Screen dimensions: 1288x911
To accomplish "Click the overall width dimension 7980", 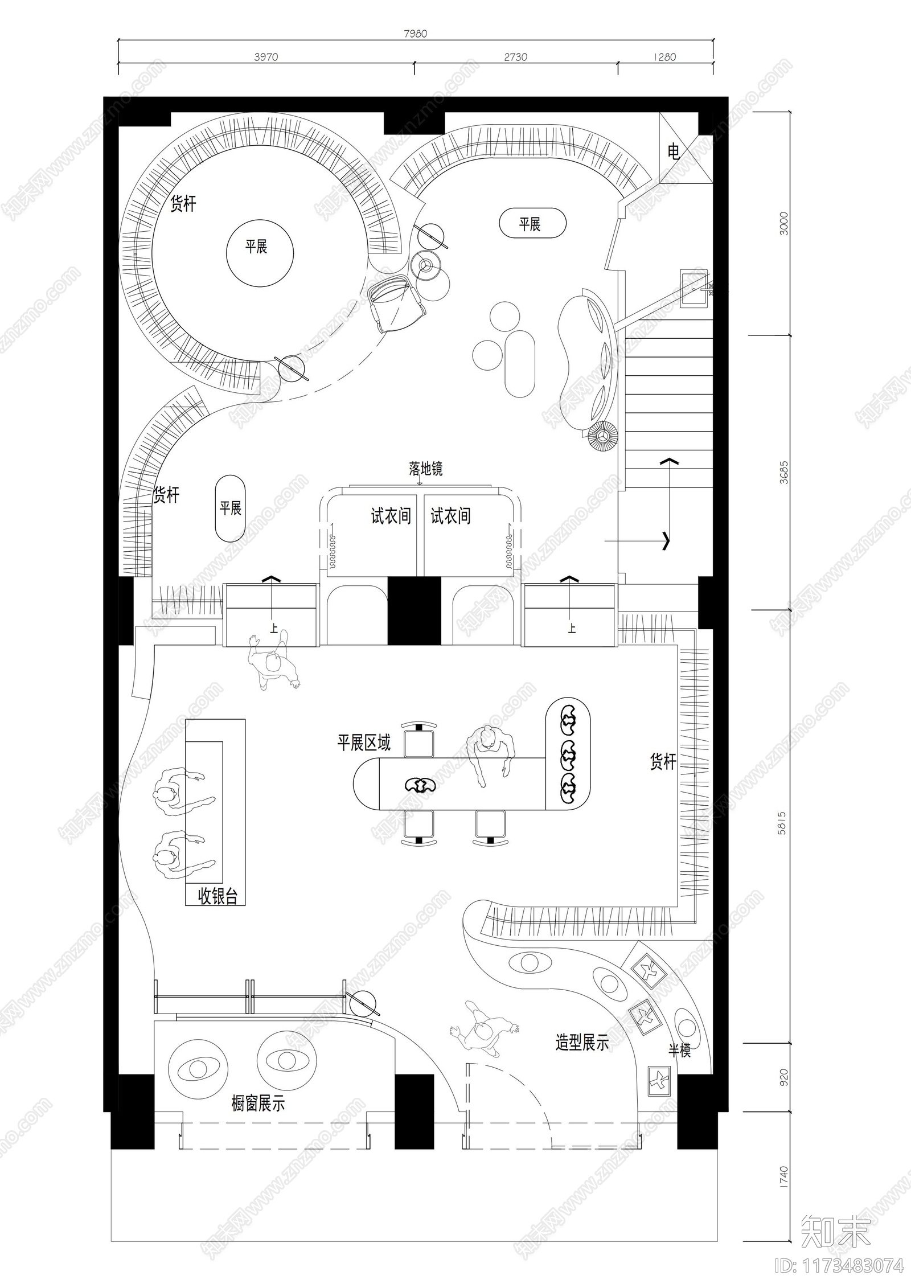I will pyautogui.click(x=415, y=34).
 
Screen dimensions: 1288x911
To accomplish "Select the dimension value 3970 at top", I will pyautogui.click(x=266, y=57).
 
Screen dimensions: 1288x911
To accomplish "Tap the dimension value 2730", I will pyautogui.click(x=515, y=57).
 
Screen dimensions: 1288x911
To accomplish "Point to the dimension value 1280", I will pyautogui.click(x=664, y=57).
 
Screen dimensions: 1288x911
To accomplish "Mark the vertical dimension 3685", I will pyautogui.click(x=784, y=472).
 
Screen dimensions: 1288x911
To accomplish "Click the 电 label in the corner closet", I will pyautogui.click(x=674, y=151).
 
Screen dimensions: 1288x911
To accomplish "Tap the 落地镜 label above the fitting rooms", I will pyautogui.click(x=425, y=469).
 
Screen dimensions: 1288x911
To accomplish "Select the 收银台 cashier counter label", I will pyautogui.click(x=218, y=897).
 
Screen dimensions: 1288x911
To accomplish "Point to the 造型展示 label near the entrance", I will pyautogui.click(x=582, y=1043).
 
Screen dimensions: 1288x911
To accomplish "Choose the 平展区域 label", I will pyautogui.click(x=364, y=743).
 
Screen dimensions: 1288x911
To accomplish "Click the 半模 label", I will pyautogui.click(x=679, y=1051).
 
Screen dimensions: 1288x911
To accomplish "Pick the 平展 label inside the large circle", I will pyautogui.click(x=256, y=247).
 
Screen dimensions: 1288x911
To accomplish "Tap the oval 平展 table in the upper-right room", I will pyautogui.click(x=532, y=224).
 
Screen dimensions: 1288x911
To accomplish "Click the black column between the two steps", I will pyautogui.click(x=415, y=610).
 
